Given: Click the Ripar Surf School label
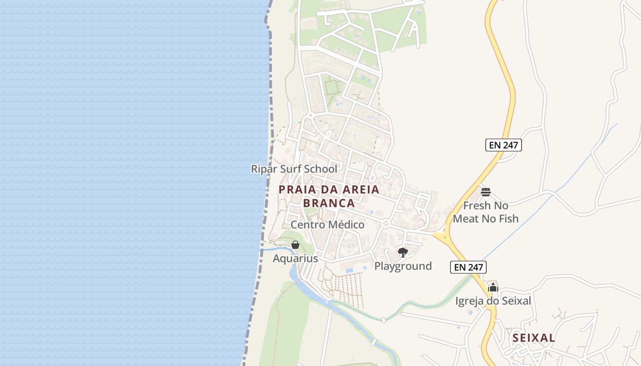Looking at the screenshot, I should [x=294, y=169].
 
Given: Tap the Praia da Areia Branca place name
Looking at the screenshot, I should [x=329, y=196].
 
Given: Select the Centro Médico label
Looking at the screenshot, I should [x=327, y=225].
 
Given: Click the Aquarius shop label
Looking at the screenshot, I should [x=295, y=258].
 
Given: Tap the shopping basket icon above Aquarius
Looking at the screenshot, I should [x=295, y=245].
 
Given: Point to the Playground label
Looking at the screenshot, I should [x=403, y=266].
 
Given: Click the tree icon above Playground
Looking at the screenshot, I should [x=403, y=252].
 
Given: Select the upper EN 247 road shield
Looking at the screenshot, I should [x=504, y=145].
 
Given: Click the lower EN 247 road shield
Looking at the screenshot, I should [x=468, y=267].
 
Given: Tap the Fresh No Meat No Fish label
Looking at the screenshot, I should [x=486, y=212].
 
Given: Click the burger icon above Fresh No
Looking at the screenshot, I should [x=486, y=192].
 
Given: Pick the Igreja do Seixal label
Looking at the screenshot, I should [x=493, y=301].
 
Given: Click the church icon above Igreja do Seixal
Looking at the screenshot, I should [x=493, y=288].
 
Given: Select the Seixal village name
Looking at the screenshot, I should [x=534, y=338].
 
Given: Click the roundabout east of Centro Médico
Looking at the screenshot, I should [x=386, y=224].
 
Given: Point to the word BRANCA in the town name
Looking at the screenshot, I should [x=329, y=203].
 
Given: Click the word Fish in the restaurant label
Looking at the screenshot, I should [x=508, y=219].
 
